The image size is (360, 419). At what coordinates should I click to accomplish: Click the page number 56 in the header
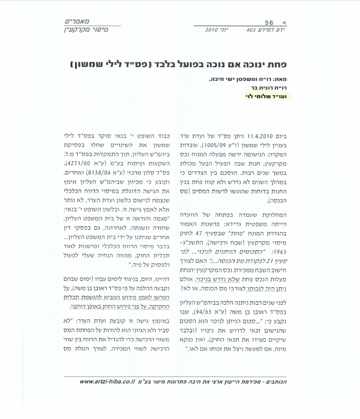(x=269, y=23)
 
